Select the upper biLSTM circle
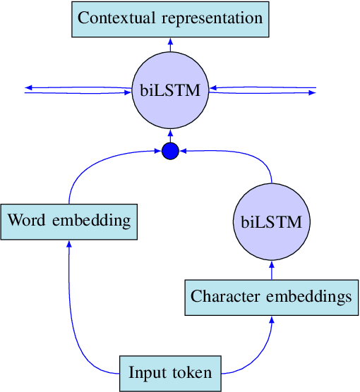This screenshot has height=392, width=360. (x=170, y=90)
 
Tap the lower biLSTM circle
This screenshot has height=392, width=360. (x=271, y=222)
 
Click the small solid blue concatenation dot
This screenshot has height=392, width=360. (x=170, y=150)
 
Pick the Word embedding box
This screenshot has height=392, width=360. (x=69, y=221)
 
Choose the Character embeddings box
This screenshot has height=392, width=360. (x=271, y=297)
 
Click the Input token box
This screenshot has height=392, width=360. (x=170, y=372)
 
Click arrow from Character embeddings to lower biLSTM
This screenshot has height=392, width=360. (x=271, y=271)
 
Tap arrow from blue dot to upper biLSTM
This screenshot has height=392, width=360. (x=170, y=135)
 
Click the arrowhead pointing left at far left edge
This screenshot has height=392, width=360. (x=28, y=87)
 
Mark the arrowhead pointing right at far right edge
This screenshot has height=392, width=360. (x=313, y=93)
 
